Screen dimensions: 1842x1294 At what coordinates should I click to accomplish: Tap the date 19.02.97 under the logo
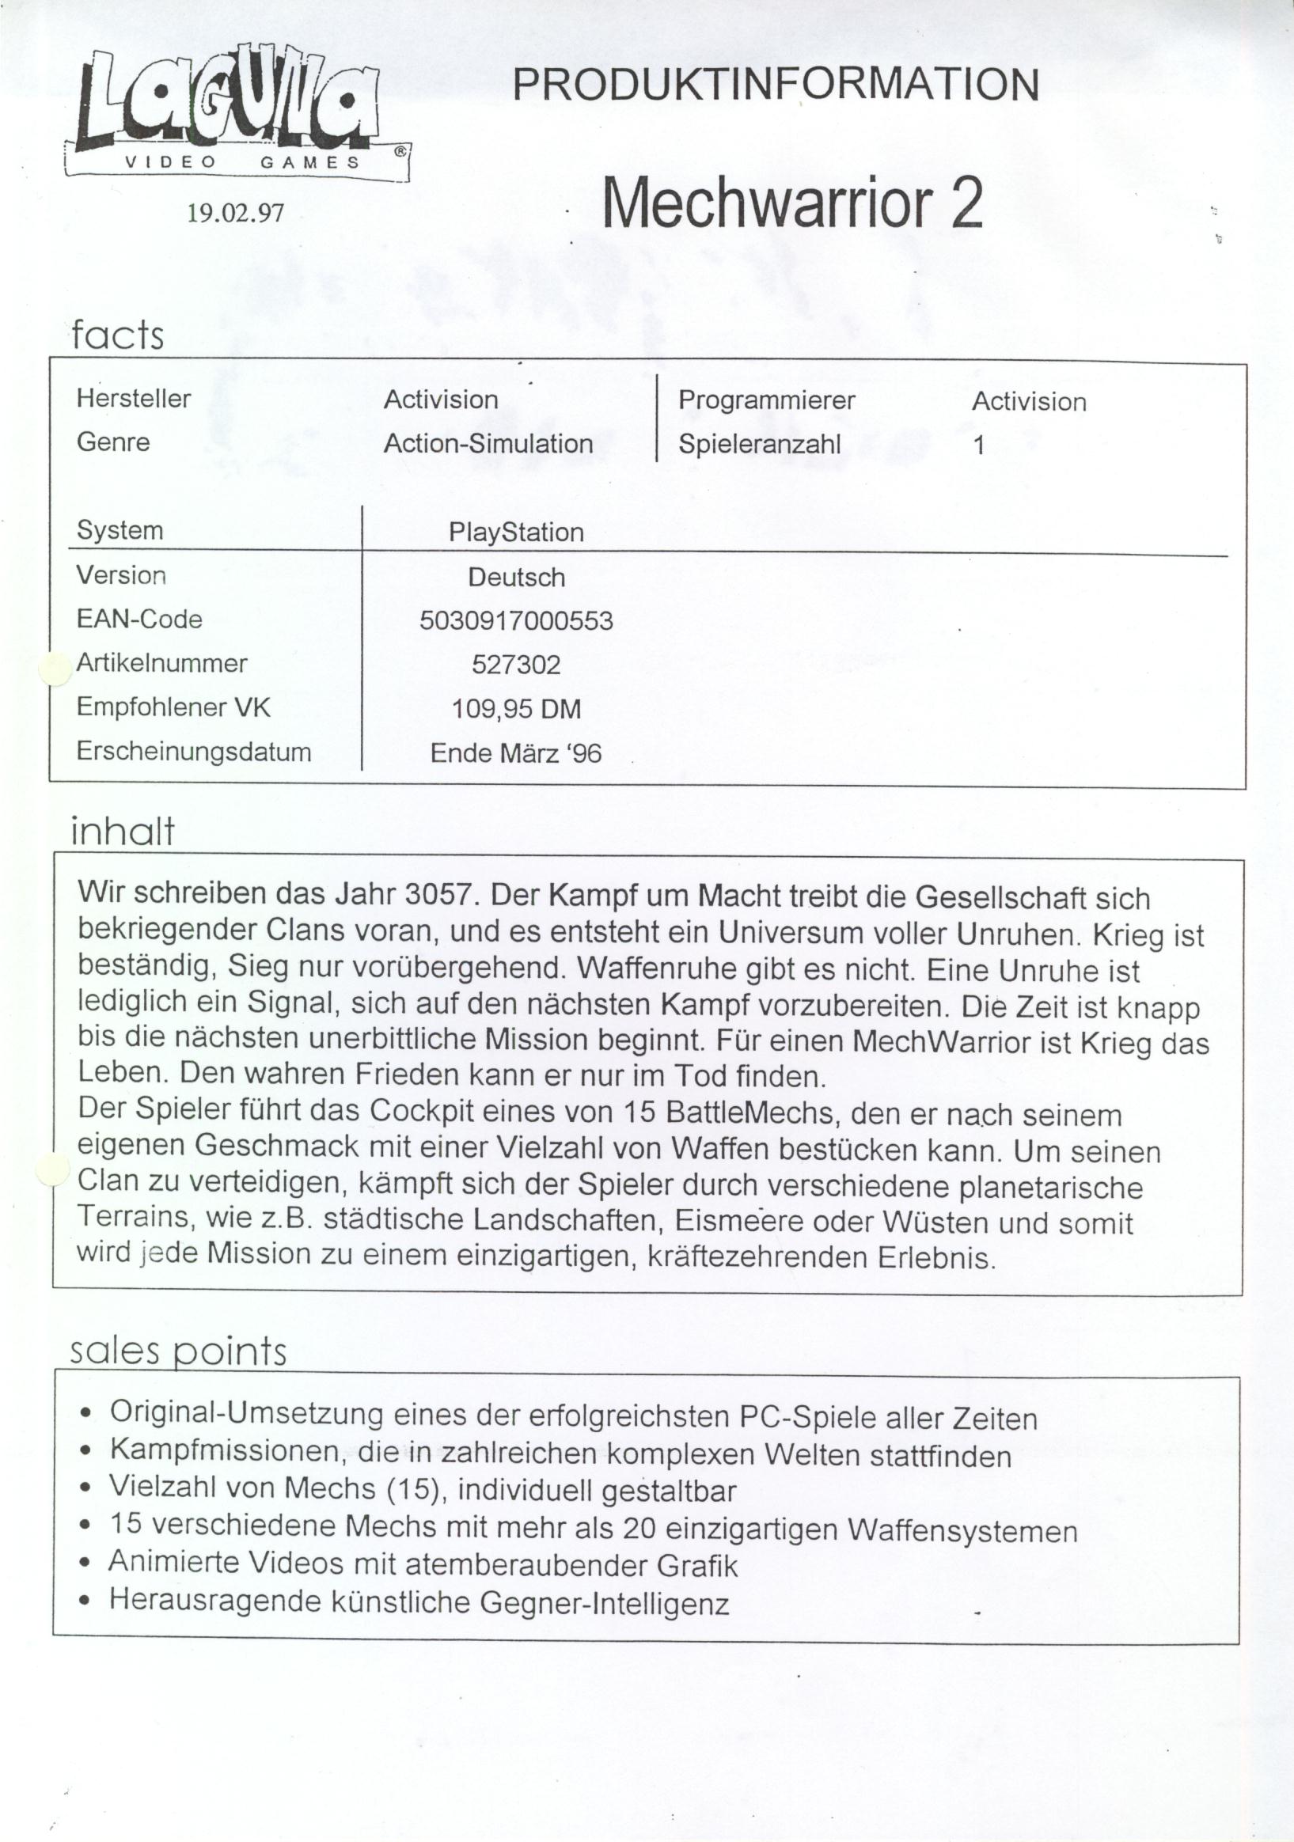[x=235, y=213]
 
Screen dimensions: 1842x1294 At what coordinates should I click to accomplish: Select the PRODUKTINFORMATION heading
[x=775, y=85]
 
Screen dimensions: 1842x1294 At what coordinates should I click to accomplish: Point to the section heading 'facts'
[x=117, y=335]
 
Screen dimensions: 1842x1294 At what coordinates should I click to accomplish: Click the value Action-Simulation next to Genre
[x=488, y=443]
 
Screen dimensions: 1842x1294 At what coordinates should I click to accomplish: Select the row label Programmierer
[x=766, y=400]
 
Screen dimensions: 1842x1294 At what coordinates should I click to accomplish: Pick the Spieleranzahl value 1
[x=978, y=445]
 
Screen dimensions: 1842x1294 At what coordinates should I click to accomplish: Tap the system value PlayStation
[x=516, y=532]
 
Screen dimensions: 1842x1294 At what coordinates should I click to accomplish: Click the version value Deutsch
[x=516, y=577]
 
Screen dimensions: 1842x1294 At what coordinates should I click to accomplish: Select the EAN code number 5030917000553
[x=516, y=620]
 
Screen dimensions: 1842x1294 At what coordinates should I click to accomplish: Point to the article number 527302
[x=516, y=665]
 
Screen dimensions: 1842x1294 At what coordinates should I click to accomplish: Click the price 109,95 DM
[x=516, y=708]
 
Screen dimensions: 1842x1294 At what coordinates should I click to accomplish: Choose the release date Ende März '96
[x=516, y=752]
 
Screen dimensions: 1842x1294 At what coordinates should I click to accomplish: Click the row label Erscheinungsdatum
[x=193, y=752]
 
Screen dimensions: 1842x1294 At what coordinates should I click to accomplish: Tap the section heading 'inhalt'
[x=122, y=831]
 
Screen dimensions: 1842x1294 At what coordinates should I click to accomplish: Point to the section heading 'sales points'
[x=177, y=1351]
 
